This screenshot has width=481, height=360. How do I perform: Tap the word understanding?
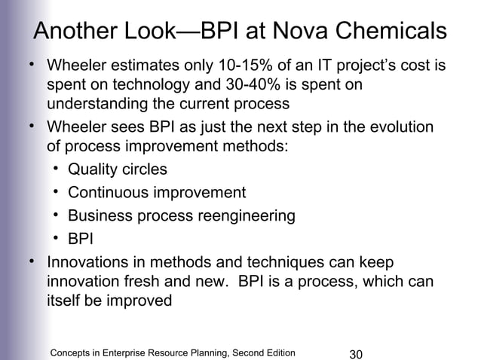(x=93, y=103)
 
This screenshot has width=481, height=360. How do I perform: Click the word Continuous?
(x=108, y=193)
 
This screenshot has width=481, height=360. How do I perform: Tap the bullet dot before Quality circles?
(x=57, y=167)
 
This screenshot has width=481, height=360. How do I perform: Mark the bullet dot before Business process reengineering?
(x=57, y=215)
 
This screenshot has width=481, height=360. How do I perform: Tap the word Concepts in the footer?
(x=70, y=352)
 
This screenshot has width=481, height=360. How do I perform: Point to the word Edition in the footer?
(x=277, y=352)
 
